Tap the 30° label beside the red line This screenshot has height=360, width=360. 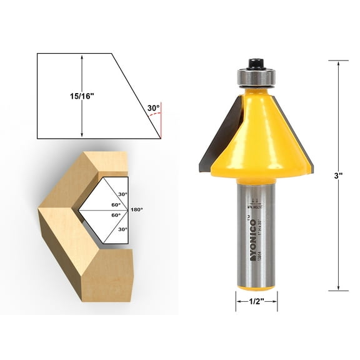(153, 107)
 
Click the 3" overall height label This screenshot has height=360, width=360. (338, 176)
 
